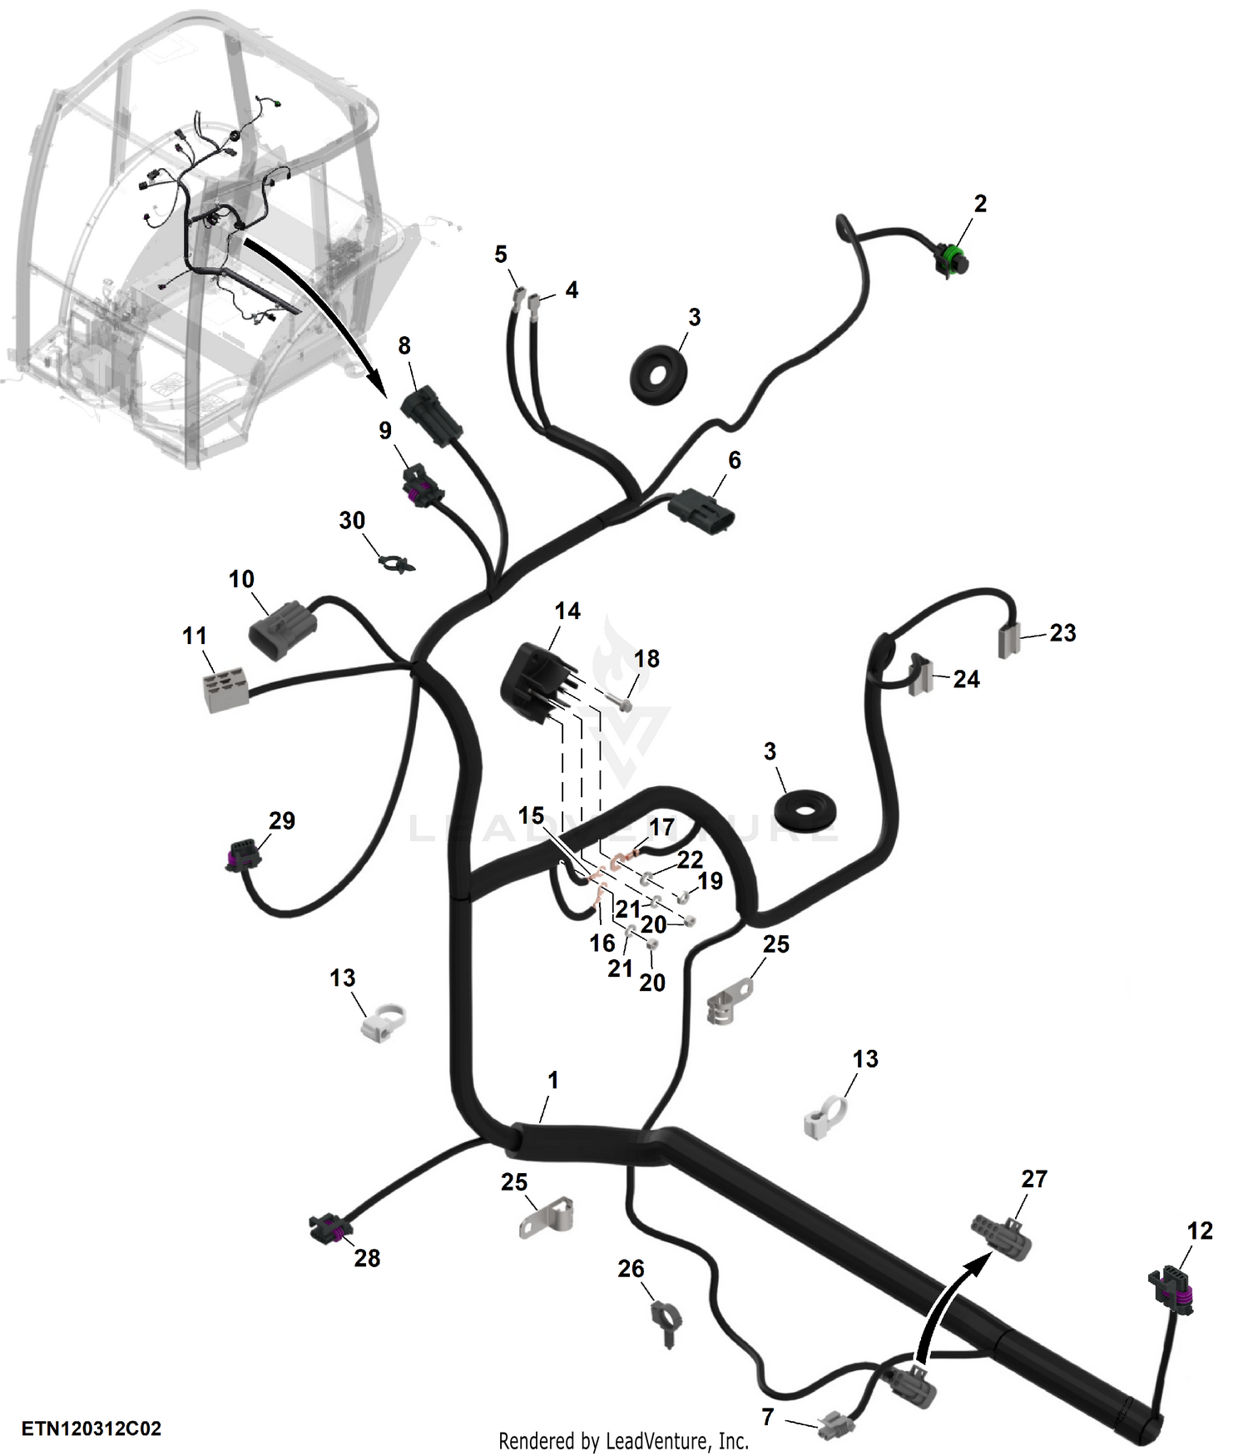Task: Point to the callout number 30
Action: point(352,521)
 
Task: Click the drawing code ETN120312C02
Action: point(92,1429)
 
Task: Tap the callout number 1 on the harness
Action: point(553,1081)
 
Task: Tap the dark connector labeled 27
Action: point(1003,1236)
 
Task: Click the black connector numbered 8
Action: point(432,415)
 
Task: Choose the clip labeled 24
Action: point(919,675)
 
